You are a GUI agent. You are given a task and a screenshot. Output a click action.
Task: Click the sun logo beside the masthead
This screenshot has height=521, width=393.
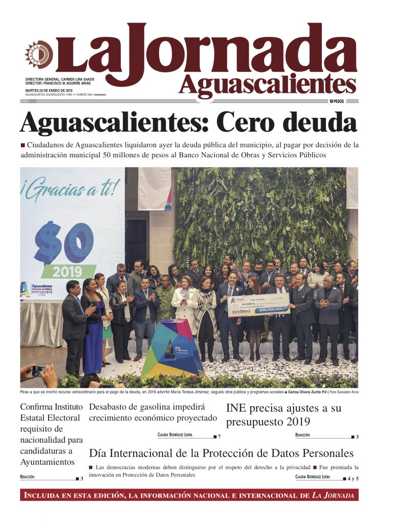point(39,54)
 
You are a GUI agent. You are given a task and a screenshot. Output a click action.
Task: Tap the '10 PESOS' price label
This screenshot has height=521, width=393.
point(336,101)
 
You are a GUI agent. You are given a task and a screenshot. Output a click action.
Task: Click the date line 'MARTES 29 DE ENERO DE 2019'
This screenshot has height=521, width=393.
point(49,90)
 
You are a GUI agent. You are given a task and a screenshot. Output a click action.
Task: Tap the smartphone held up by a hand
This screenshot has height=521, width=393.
point(38,371)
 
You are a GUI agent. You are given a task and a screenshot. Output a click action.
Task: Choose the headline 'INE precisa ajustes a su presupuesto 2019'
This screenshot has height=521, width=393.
point(283,415)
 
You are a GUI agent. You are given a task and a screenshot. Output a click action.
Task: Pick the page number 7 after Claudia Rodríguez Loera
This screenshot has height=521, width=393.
point(219,436)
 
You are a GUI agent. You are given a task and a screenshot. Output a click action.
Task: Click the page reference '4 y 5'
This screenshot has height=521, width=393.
point(353,478)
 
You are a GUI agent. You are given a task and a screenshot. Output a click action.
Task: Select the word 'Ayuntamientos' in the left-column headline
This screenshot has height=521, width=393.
point(47,462)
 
